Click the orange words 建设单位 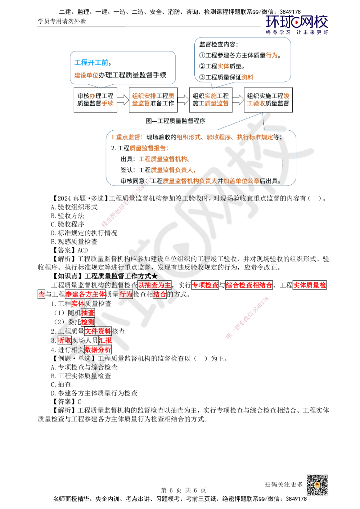pos(86,75)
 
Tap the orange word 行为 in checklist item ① pos(272,55)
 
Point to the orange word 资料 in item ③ pos(248,77)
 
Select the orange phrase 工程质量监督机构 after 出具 pos(164,159)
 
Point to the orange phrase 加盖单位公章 pos(241,181)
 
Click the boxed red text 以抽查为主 pos(155,285)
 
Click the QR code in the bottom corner pos(316,485)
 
